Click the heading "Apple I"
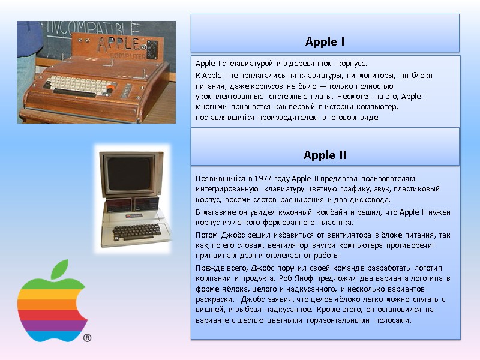tap(325, 42)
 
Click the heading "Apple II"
tap(325, 155)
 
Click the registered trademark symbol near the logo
tap(87, 338)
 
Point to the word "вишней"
tap(208, 310)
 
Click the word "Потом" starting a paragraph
tap(208, 235)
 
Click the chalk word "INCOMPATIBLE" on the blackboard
tap(90, 27)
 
